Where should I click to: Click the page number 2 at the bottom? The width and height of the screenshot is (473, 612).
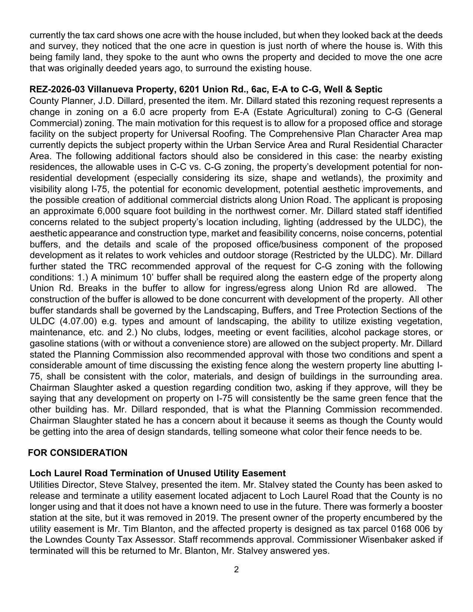(236, 569)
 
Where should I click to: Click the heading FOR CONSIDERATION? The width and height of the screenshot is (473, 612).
(78, 453)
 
